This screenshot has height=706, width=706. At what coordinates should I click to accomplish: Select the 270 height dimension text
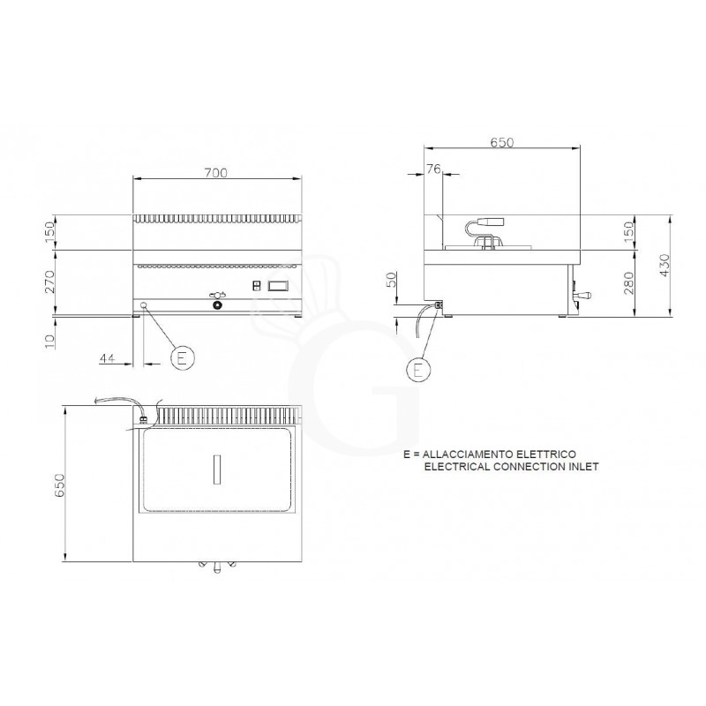50,282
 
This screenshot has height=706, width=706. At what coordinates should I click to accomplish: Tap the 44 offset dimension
108,358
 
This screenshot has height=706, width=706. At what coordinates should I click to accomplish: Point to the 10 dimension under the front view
50,336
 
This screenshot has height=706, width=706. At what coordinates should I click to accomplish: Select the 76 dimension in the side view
432,170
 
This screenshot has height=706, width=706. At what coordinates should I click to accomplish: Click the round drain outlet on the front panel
217,306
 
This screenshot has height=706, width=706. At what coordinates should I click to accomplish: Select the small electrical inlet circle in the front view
144,305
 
